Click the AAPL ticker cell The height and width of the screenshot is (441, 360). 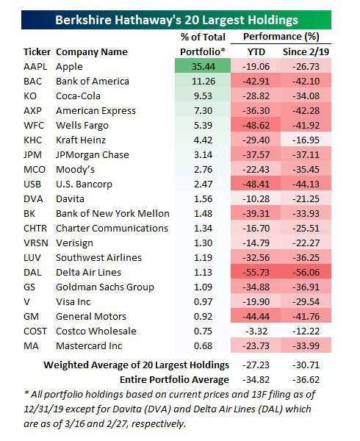pyautogui.click(x=35, y=67)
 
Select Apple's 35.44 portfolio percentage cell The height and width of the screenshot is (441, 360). pyautogui.click(x=203, y=67)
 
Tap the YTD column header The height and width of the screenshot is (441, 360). pyautogui.click(x=256, y=52)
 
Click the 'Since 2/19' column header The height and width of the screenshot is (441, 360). pyautogui.click(x=306, y=52)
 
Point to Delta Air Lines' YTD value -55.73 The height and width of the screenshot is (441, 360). pyautogui.click(x=256, y=272)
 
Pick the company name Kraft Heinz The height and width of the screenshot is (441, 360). pyautogui.click(x=81, y=140)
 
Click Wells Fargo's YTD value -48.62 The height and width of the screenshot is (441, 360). pyautogui.click(x=256, y=126)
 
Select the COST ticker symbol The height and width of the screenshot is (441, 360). pyautogui.click(x=35, y=331)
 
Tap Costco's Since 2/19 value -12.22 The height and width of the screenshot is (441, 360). pyautogui.click(x=306, y=331)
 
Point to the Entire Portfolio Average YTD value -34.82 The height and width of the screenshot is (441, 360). pyautogui.click(x=256, y=380)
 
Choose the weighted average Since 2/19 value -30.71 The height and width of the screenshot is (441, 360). pyautogui.click(x=306, y=365)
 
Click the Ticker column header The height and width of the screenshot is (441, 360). pyautogui.click(x=37, y=52)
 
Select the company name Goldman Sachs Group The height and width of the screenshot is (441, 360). pyautogui.click(x=105, y=287)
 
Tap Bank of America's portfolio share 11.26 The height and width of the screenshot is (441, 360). pyautogui.click(x=204, y=82)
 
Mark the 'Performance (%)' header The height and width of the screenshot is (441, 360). pyautogui.click(x=281, y=37)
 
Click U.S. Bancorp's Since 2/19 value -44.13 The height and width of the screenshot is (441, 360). pyautogui.click(x=306, y=184)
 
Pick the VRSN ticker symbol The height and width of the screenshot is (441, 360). pyautogui.click(x=36, y=243)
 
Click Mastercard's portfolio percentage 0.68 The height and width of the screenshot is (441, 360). pyautogui.click(x=203, y=345)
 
